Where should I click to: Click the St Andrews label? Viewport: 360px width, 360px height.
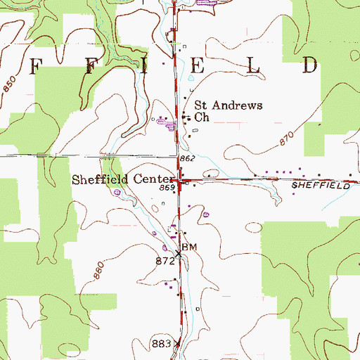click(x=228, y=105)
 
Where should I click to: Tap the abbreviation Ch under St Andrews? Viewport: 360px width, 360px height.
click(x=202, y=118)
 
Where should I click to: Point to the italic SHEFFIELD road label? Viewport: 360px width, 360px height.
click(x=321, y=186)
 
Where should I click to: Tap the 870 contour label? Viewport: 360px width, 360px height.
click(x=285, y=139)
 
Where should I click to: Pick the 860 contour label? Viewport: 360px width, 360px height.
click(x=97, y=269)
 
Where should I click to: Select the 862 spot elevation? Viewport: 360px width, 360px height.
click(x=187, y=160)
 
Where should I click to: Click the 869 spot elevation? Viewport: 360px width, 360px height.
click(x=167, y=188)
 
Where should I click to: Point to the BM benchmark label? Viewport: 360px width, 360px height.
click(x=188, y=247)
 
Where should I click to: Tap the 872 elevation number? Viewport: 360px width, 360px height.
click(x=165, y=261)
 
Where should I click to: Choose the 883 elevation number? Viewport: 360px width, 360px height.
click(x=161, y=344)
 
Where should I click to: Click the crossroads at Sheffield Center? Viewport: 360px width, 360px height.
click(x=180, y=181)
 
